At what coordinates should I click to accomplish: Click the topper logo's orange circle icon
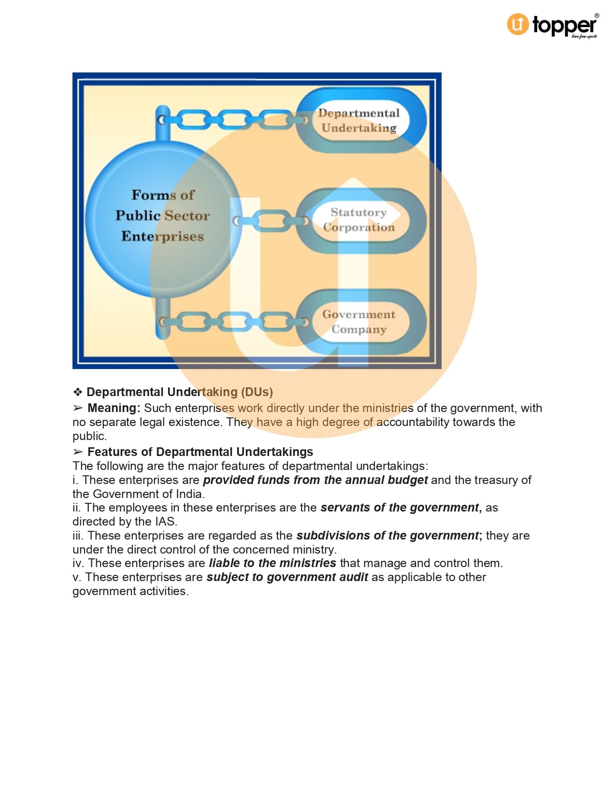tap(517, 24)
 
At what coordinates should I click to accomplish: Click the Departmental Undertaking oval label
tap(359, 120)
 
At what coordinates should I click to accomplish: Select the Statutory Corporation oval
tap(359, 220)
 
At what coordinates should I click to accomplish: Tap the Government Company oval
tap(359, 322)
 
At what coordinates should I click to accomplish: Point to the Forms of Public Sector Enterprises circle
tap(163, 216)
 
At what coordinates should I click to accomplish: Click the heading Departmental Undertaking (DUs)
tap(180, 392)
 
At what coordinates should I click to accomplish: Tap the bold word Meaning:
tap(114, 408)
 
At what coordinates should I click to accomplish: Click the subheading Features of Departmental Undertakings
tap(200, 452)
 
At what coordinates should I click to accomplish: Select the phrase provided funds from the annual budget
tap(315, 480)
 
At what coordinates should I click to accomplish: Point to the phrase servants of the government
tap(400, 508)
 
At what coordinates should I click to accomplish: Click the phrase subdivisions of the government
tap(387, 536)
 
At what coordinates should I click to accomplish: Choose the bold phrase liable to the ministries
tap(272, 563)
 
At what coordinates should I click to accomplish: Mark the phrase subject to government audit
tap(287, 577)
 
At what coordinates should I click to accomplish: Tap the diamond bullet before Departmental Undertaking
tap(78, 392)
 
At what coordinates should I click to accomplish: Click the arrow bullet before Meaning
tap(78, 408)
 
